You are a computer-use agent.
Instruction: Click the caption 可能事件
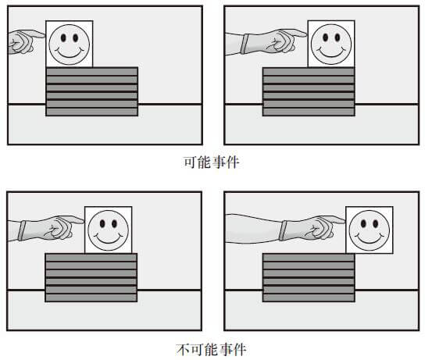212,162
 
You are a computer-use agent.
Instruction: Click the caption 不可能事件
212,350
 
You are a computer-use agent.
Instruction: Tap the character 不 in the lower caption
184,350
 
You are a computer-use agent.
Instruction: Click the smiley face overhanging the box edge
370,230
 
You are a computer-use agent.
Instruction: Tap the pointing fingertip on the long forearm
343,221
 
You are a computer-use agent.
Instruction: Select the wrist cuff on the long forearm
283,230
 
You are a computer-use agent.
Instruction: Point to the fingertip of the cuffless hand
43,35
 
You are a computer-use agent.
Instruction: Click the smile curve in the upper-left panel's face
70,52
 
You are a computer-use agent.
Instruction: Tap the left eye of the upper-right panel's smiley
326,37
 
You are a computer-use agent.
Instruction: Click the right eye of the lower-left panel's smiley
114,223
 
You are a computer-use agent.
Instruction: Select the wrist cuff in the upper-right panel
245,44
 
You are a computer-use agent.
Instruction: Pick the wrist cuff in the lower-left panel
22,231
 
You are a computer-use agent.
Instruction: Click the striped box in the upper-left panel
91,91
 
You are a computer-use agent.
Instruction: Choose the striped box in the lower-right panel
309,278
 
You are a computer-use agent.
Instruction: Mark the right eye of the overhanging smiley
375,223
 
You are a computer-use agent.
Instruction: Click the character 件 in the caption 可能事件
233,162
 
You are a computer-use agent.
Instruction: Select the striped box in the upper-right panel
309,91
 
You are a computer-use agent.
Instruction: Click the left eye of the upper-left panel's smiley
63,38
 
